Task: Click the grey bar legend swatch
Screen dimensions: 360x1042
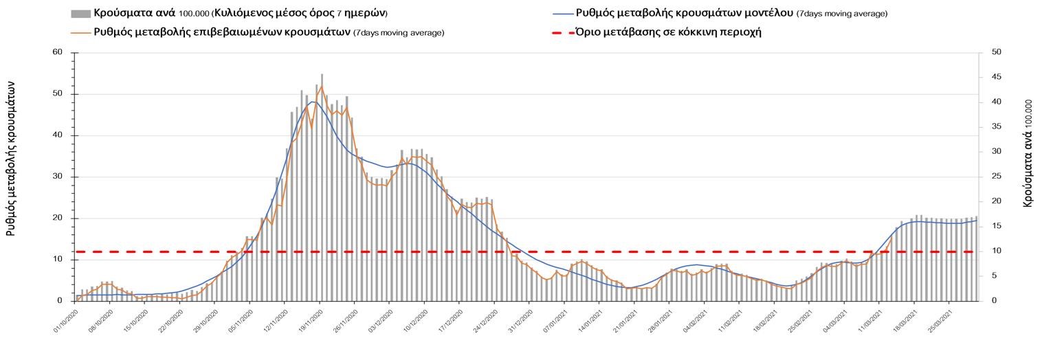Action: [80, 13]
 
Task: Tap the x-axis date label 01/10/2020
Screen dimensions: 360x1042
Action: [67, 322]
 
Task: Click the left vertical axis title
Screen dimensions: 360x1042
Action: [12, 158]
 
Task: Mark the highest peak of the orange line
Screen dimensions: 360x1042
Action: [322, 87]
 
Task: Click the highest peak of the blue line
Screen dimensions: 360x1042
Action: [312, 102]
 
